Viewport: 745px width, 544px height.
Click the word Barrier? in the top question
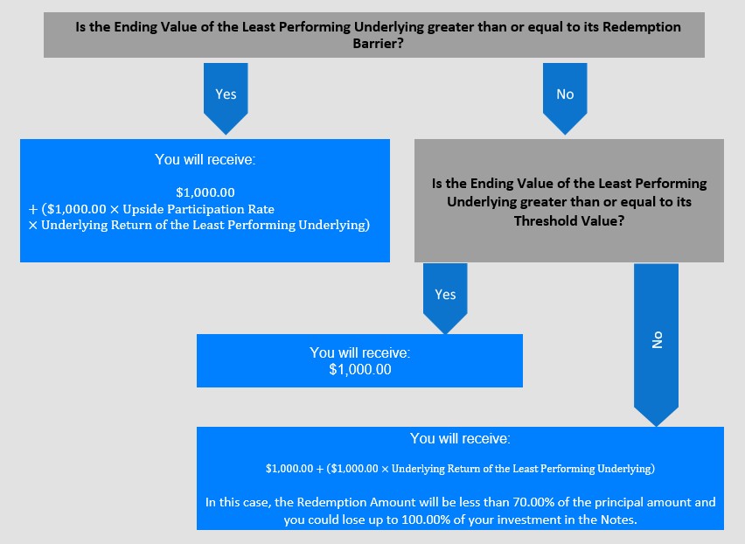(x=378, y=43)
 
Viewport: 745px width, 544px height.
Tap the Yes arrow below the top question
(x=226, y=98)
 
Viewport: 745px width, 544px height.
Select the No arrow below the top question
(x=565, y=98)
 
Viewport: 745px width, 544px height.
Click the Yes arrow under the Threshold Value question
(x=445, y=298)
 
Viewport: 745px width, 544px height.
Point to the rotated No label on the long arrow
(x=657, y=340)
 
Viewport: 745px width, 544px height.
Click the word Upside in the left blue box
(x=143, y=209)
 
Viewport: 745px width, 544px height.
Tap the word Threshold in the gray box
(x=540, y=220)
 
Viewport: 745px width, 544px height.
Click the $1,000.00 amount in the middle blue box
(x=360, y=369)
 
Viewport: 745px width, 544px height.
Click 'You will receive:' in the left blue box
(x=205, y=160)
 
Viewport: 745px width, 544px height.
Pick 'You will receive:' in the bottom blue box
(x=461, y=438)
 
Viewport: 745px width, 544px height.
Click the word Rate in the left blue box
(x=261, y=209)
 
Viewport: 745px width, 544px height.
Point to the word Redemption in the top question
(x=642, y=26)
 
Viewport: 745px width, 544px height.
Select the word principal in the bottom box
(x=618, y=502)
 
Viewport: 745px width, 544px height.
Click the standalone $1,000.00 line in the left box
(x=205, y=192)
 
